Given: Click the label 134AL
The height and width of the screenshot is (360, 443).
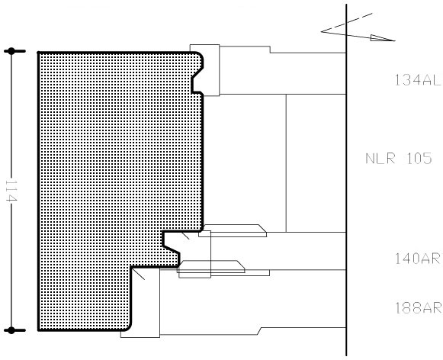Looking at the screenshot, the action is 417,79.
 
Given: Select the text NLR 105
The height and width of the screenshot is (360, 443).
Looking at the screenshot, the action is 399,159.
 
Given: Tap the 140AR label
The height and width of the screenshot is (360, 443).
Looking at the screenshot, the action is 418,259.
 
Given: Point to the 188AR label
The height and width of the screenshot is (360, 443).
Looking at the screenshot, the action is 418,307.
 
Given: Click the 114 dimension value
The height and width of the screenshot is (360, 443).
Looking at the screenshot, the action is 11,191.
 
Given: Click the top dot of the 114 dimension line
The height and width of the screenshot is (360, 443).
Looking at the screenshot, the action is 11,51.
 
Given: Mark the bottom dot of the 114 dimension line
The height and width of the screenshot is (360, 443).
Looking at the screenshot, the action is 11,330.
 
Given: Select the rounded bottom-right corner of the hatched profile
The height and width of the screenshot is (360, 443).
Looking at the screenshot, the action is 128,327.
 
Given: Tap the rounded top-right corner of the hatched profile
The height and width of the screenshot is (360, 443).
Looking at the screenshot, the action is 200,55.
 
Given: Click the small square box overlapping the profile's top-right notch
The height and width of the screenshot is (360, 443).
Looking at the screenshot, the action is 204,70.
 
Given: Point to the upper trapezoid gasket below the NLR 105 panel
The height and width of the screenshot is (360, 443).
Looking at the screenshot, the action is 233,230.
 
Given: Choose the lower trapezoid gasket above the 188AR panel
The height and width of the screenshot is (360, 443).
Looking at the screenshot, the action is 211,266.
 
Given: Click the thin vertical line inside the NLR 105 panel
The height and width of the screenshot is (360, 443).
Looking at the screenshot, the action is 286,163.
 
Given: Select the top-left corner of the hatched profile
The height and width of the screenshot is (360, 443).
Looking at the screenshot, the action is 38,53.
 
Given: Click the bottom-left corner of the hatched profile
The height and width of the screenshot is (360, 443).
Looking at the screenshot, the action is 38,330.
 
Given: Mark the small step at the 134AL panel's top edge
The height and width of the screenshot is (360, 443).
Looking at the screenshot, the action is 270,50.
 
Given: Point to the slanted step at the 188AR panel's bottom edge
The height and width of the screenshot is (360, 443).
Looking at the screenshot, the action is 259,331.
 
